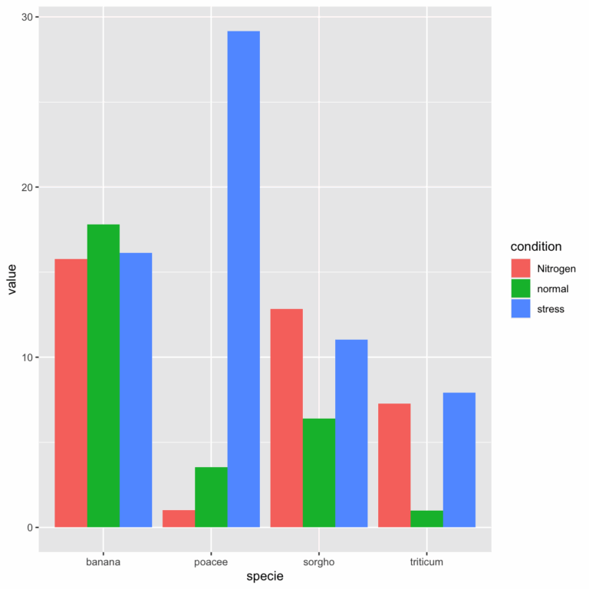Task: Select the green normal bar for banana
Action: (104, 376)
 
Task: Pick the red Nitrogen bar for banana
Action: (71, 393)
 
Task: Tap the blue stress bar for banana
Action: (136, 390)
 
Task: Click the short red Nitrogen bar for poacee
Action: (179, 519)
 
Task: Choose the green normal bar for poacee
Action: (211, 497)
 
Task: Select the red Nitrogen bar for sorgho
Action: (287, 418)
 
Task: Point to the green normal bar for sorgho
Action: (319, 472)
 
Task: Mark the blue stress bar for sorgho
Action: (351, 433)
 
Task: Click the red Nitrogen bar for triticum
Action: (394, 466)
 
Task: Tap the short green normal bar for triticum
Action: (426, 519)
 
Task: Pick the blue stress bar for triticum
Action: (459, 460)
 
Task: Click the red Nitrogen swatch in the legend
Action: (522, 268)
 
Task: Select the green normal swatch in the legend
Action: (522, 288)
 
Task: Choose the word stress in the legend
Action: (551, 309)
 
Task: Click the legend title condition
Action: (536, 247)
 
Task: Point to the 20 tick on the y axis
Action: (25, 187)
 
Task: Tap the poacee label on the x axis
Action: (211, 562)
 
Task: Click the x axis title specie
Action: (265, 577)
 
